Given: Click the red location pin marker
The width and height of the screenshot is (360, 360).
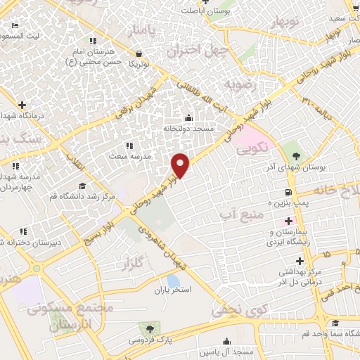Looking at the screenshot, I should [181, 165].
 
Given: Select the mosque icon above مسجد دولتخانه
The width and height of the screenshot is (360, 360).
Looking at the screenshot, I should [188, 117].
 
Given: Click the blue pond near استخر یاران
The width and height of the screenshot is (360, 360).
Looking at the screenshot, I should [173, 281].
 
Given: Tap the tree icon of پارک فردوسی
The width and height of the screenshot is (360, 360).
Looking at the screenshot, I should [148, 328].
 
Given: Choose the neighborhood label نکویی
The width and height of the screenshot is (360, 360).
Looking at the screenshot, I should [252, 150].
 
